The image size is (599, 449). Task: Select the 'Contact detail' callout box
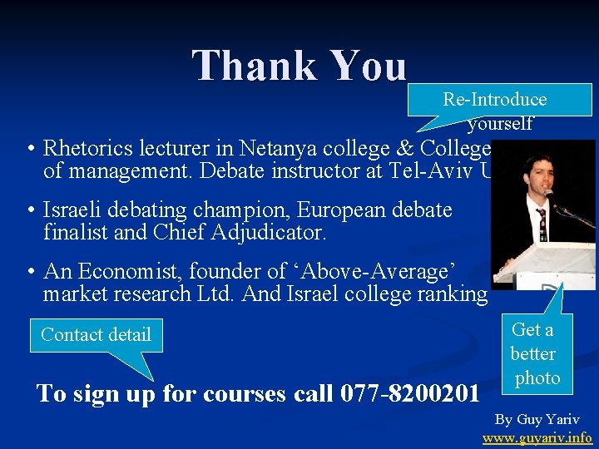[x=96, y=335]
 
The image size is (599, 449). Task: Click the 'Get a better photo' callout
[x=533, y=354]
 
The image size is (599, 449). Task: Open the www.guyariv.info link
[x=537, y=437]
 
